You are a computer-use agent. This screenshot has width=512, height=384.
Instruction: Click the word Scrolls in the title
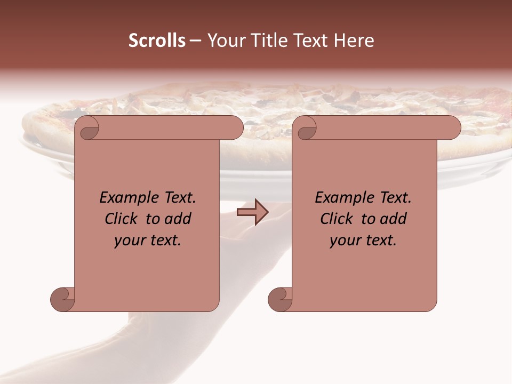[x=157, y=41]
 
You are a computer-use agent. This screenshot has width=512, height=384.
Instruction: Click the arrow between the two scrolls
[x=252, y=212]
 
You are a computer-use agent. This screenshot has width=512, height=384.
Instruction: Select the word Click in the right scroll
[x=337, y=219]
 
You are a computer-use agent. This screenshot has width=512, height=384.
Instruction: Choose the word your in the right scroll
[x=345, y=241]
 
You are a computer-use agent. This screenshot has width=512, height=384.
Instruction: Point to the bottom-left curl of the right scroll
[x=280, y=299]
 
